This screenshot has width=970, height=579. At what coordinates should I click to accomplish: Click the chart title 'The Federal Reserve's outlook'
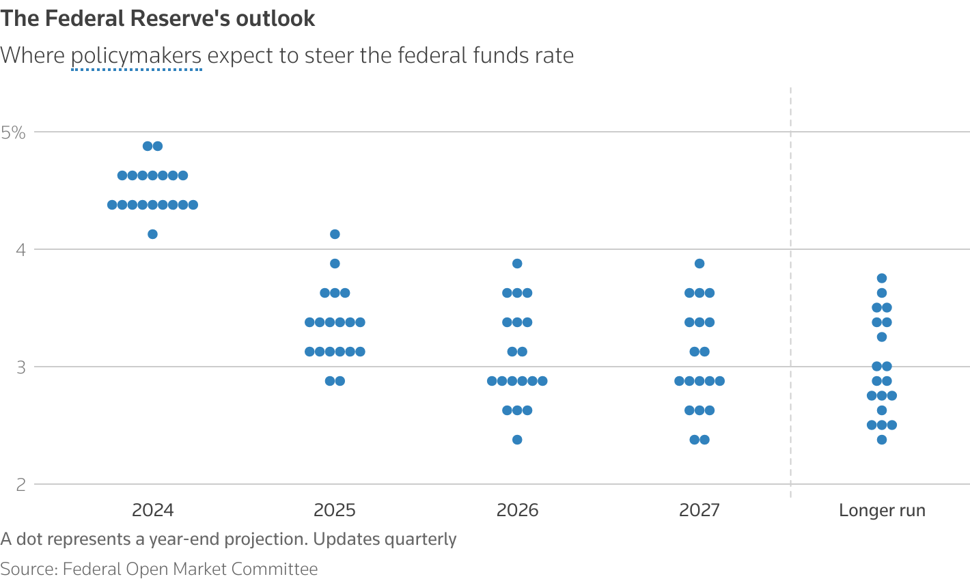point(158,18)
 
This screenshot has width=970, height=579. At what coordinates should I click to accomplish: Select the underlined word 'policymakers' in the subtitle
point(137,55)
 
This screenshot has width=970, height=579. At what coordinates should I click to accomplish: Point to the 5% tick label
point(13,132)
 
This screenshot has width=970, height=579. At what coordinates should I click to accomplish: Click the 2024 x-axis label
point(152,510)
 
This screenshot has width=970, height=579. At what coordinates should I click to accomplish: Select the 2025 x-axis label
point(335,510)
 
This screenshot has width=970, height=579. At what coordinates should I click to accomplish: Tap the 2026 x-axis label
point(517,510)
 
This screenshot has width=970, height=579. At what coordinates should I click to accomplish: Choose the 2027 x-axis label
point(699,510)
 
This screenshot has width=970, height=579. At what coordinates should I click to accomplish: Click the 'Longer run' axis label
point(882,510)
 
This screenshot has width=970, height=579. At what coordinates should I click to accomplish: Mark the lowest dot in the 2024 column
point(152,234)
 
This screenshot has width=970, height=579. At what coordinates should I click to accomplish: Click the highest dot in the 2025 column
point(335,234)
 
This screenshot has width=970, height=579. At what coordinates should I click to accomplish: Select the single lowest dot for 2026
point(517,440)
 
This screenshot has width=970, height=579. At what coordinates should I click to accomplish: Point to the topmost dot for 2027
point(699,264)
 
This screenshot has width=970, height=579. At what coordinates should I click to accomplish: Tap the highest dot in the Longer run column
point(882,278)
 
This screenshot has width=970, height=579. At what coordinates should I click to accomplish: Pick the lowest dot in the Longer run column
point(882,440)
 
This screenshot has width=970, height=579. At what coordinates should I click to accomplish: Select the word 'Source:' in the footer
point(29,569)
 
